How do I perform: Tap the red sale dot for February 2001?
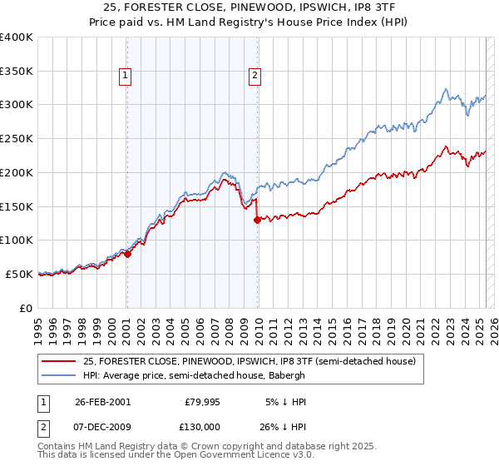click(x=127, y=254)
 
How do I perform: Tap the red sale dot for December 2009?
click(x=257, y=220)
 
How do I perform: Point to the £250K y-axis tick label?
click(x=17, y=138)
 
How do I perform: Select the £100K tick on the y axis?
click(x=17, y=240)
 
